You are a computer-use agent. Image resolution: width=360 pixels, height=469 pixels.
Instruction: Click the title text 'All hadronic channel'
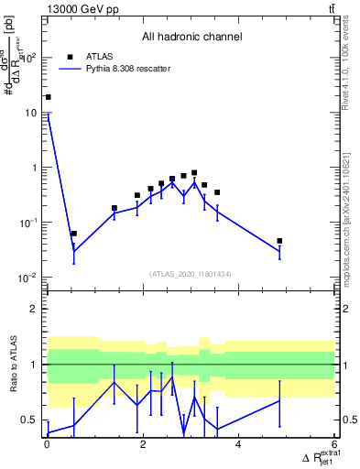point(191,38)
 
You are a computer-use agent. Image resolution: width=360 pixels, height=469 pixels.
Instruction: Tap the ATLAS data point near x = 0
point(48,97)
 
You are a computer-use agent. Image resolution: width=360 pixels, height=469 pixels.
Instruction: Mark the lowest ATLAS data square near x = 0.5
point(73,234)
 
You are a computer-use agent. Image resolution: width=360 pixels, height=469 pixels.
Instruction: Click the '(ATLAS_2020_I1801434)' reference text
point(191,274)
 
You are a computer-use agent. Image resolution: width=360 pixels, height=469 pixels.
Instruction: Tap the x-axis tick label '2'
point(142,446)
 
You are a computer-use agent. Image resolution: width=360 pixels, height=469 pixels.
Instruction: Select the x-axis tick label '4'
point(238,446)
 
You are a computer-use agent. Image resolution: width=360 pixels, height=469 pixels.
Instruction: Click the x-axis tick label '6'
point(333,446)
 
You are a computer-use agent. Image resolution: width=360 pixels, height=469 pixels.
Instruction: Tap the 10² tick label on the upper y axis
point(30,58)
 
